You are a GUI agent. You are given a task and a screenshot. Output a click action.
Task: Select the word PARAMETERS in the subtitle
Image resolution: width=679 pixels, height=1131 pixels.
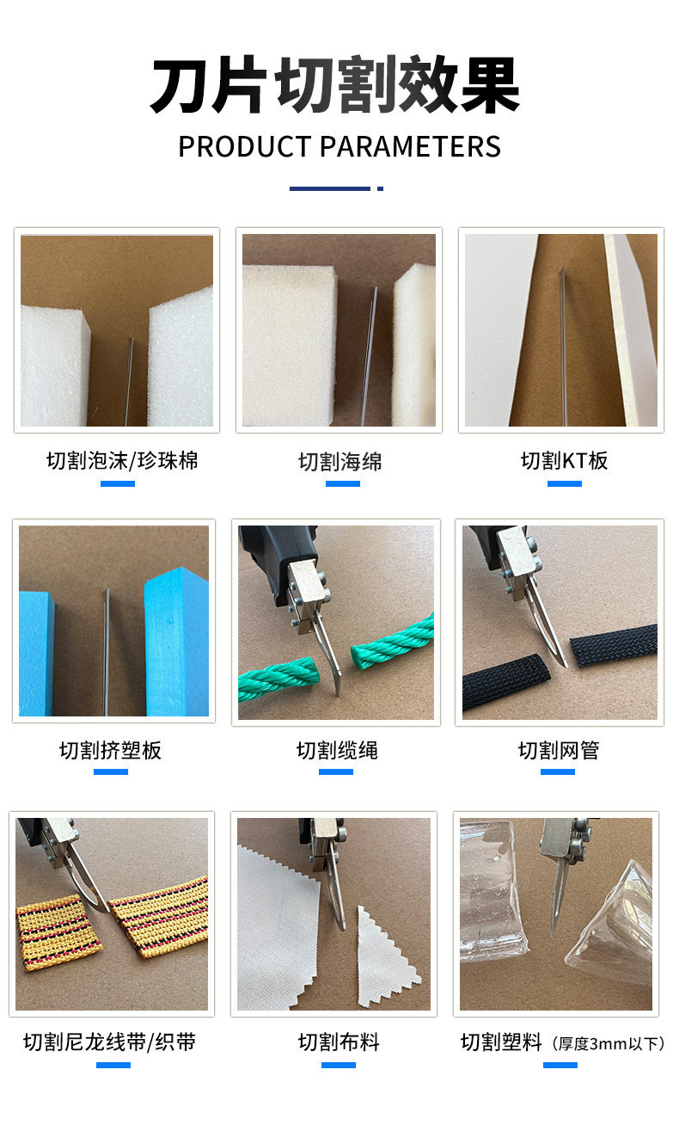click(x=411, y=147)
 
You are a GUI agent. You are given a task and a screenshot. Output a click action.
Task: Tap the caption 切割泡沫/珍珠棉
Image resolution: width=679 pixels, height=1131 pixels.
click(x=122, y=461)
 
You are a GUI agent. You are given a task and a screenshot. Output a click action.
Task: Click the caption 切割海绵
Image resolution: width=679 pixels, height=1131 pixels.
click(x=340, y=462)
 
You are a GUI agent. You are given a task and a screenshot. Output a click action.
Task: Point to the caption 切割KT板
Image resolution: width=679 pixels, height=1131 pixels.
click(x=564, y=461)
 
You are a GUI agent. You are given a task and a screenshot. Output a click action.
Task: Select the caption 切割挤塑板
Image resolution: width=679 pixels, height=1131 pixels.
click(x=110, y=751)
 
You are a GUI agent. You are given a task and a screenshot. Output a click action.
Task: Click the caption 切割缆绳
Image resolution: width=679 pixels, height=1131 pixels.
click(x=337, y=751)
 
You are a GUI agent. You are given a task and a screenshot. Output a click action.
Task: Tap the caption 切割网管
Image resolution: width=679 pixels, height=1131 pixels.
click(x=559, y=751)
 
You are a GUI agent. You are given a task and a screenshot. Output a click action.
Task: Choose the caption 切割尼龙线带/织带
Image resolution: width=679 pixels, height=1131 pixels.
click(x=110, y=1042)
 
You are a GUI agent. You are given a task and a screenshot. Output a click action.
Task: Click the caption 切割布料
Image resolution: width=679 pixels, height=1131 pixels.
click(x=339, y=1042)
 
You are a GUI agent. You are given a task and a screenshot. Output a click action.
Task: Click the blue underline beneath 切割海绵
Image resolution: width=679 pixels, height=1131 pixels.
click(x=342, y=483)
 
